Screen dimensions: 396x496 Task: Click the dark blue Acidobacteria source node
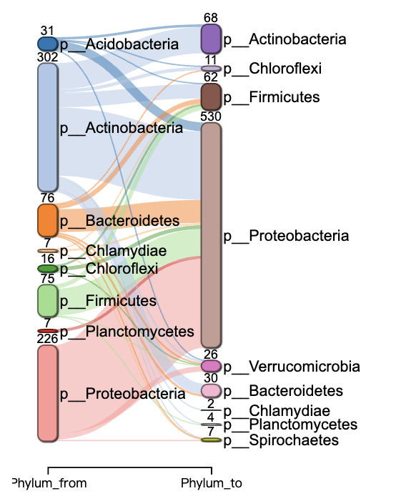48,44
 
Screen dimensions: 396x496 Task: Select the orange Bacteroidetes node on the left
48,220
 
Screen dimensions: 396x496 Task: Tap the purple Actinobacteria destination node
212,39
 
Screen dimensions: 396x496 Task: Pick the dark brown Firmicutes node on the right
212,96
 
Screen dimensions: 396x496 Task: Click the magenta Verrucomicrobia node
212,366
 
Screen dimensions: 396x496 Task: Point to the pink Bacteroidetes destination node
212,391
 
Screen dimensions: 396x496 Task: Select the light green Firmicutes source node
48,300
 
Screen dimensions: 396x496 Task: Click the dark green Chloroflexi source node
48,269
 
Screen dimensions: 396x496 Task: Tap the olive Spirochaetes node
212,440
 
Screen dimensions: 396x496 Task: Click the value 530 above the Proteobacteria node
211,116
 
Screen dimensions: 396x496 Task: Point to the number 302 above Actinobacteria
47,57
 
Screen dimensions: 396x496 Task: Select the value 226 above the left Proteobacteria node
47,339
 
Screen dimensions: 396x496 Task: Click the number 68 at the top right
211,18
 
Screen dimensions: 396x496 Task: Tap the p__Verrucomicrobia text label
292,367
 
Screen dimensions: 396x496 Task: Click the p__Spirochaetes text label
281,440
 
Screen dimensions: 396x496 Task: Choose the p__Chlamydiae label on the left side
113,251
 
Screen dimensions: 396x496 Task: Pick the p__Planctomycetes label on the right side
290,425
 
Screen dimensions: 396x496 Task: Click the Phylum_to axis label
212,483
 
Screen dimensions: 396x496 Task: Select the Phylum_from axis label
49,483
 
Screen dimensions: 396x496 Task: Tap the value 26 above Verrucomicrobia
211,354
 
